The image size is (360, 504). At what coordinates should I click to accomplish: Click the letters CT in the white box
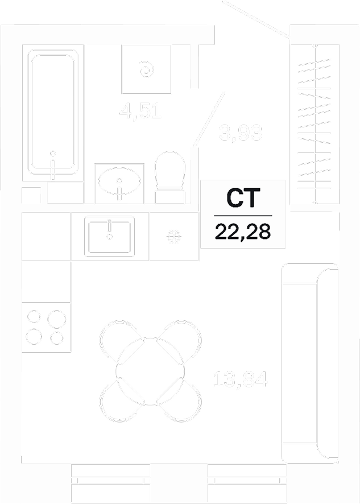243,199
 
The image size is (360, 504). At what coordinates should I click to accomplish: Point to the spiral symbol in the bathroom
147,70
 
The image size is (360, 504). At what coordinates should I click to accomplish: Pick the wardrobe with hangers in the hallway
315,122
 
